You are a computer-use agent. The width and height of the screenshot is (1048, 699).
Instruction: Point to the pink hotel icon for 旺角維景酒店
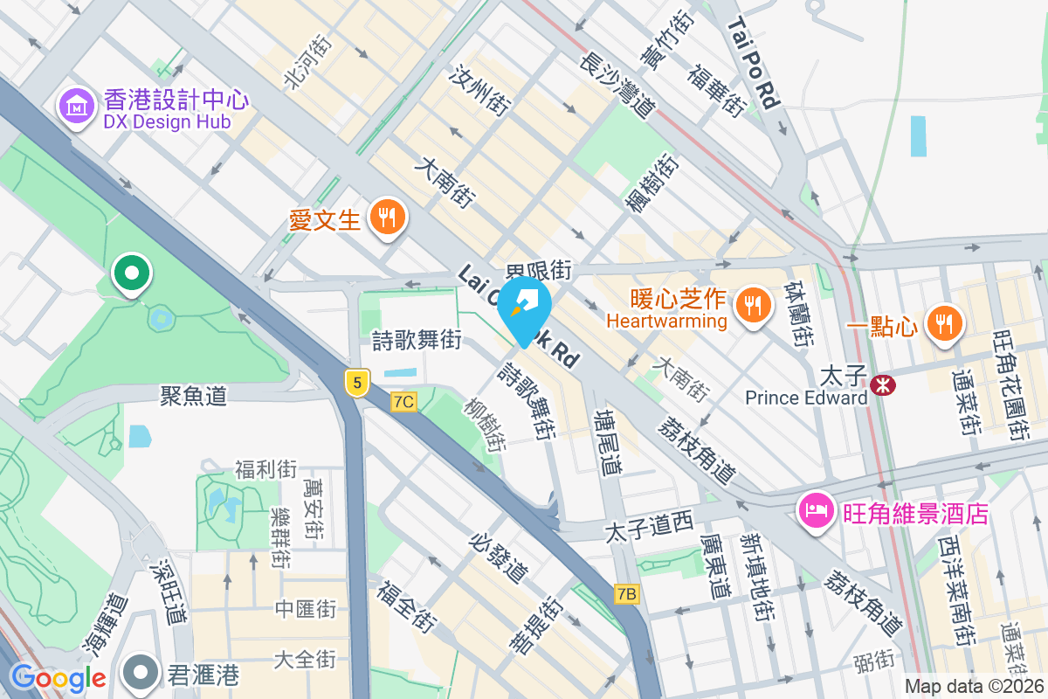point(816,511)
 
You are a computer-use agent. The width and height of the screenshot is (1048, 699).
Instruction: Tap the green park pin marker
point(132,274)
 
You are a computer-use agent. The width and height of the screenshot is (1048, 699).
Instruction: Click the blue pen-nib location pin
point(524,308)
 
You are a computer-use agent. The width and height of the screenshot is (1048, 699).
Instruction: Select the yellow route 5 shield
point(356,383)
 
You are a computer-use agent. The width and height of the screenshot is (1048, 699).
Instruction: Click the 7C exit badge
point(404,402)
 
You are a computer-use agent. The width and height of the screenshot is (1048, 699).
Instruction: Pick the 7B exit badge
point(627,594)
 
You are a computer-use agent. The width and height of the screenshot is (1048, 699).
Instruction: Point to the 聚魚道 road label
point(193,395)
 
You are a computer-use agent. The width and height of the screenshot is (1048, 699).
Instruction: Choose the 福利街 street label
point(265,469)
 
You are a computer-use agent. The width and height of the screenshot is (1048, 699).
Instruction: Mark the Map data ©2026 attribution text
point(973,687)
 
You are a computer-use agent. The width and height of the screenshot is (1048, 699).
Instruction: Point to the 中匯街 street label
point(305,608)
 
